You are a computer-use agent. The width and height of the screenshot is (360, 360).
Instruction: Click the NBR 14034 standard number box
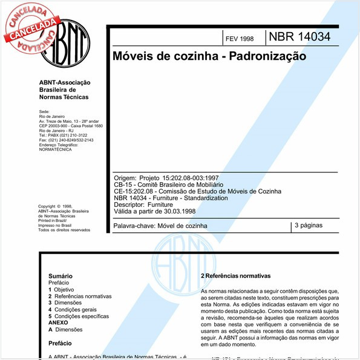[x=299, y=37]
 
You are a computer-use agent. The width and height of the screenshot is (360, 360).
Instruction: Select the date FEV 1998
[x=240, y=39]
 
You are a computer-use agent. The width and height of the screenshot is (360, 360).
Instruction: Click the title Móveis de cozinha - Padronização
[x=209, y=56]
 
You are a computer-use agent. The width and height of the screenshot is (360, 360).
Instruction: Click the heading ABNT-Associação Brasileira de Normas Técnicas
[x=64, y=90]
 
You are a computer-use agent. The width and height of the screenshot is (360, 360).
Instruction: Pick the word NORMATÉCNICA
[x=55, y=149]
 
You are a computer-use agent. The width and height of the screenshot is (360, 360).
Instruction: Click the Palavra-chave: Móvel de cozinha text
[x=160, y=226]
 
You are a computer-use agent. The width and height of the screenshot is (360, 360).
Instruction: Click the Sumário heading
[x=61, y=275]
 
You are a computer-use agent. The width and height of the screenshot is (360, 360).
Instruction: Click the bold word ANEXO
[x=59, y=323]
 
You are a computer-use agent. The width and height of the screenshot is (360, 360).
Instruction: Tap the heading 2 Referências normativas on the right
[x=235, y=276]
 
